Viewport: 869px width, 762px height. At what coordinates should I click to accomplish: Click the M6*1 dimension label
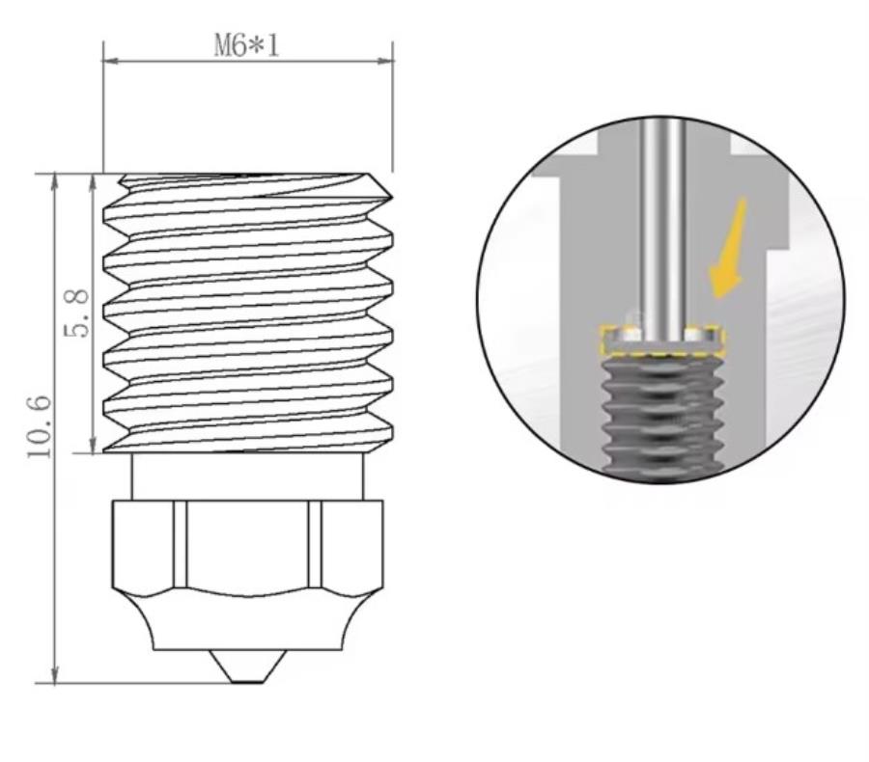click(x=246, y=45)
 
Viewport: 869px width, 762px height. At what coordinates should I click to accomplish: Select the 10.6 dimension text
click(x=40, y=426)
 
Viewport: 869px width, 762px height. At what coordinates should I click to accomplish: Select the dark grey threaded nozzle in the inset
click(x=662, y=415)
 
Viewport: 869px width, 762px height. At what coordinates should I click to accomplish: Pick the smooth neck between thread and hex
click(x=247, y=476)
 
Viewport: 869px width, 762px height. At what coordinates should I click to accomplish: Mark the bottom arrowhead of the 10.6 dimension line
click(x=55, y=677)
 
